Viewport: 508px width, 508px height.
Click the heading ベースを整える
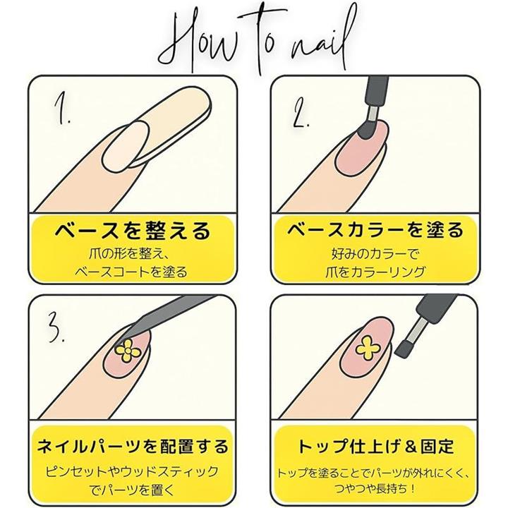(x=133, y=231)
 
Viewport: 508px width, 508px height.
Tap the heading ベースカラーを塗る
(x=375, y=230)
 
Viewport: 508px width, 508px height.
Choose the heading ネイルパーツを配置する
(x=133, y=446)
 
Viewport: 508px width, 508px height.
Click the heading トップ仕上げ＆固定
(x=376, y=446)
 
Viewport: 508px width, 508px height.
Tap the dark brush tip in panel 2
(x=367, y=130)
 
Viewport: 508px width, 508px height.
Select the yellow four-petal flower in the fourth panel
(x=368, y=348)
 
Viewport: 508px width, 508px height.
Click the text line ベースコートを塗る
(x=131, y=272)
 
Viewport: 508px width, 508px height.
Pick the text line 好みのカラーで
(x=375, y=254)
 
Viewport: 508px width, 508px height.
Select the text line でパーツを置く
(x=132, y=490)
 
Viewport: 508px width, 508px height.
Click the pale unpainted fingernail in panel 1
(x=126, y=147)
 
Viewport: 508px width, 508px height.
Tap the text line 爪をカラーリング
(x=375, y=272)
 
